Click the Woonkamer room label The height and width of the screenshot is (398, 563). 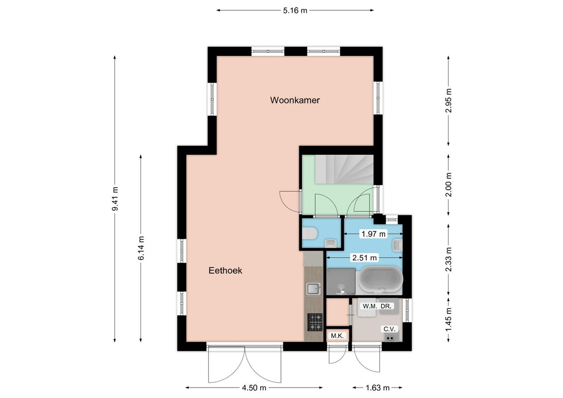click(295, 100)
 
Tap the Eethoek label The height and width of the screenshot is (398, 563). click(225, 271)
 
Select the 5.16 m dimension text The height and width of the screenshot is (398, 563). click(295, 10)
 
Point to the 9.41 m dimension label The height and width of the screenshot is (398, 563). click(115, 199)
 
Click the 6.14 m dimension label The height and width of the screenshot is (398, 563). click(141, 248)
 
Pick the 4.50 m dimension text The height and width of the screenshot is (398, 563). click(254, 388)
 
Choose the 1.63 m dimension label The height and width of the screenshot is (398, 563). click(377, 388)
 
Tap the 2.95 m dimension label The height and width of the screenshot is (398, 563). click(449, 101)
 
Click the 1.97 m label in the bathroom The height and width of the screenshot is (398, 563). click(374, 234)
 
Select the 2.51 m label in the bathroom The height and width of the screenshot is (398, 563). click(365, 258)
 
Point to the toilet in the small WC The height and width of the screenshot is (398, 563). click(309, 233)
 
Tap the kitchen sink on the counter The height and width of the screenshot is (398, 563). click(313, 289)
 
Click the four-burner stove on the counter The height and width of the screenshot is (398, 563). click(315, 322)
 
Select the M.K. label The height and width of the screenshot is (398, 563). click(338, 336)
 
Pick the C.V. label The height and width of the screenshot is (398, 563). click(389, 329)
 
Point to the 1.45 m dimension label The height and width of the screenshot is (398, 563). click(449, 321)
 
